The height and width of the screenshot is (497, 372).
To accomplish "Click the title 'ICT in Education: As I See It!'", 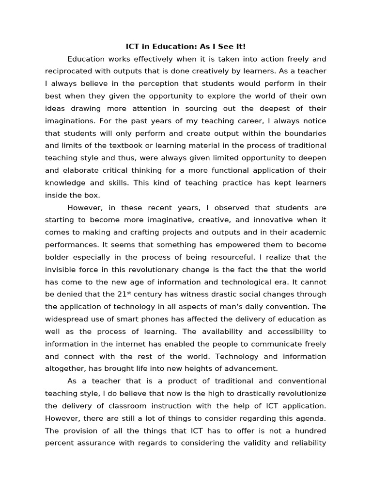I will [x=186, y=47].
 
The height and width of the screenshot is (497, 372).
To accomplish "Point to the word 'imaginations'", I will [x=67, y=121].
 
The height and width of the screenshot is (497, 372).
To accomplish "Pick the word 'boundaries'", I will [x=304, y=133].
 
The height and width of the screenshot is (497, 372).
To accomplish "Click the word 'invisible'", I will [x=60, y=269].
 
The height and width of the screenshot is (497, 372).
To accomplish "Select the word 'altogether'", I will [x=64, y=368].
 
